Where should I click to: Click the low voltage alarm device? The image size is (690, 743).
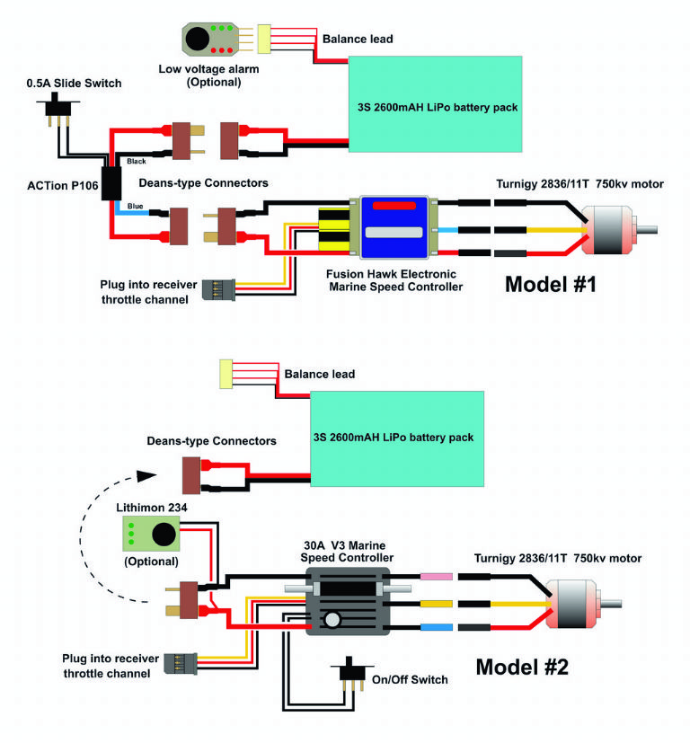click(208, 40)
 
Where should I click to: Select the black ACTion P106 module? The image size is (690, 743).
click(112, 182)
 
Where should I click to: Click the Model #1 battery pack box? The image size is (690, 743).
click(435, 104)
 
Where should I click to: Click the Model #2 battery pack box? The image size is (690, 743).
click(396, 437)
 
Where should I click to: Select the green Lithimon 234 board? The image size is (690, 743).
click(149, 535)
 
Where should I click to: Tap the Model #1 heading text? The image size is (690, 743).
click(550, 285)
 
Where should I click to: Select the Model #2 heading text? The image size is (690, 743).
click(521, 667)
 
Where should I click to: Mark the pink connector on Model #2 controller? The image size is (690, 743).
click(434, 577)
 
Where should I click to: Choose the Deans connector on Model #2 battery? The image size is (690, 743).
click(191, 476)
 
